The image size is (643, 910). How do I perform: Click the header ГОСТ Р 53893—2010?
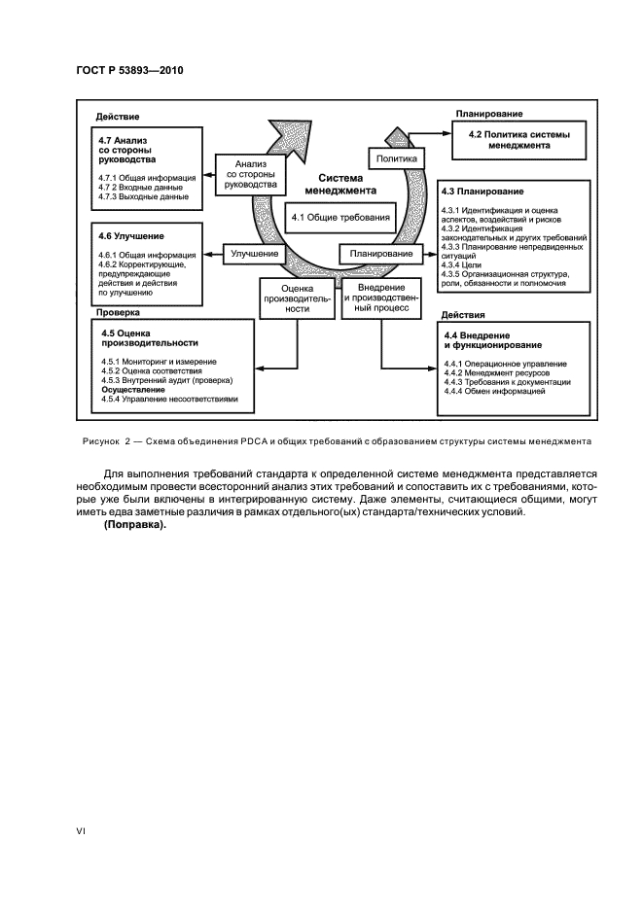coord(129,70)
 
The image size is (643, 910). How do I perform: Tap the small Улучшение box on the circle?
coord(256,254)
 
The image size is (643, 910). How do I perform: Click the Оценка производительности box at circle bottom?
coord(296,297)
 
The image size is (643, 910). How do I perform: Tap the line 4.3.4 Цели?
coord(461,264)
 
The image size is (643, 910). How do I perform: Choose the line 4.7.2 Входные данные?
coord(140,188)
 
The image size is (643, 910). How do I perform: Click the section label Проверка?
coord(119,313)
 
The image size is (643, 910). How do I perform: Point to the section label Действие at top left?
coord(119,116)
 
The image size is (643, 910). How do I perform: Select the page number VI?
coord(83,832)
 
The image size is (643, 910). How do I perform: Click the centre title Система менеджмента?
coord(334,185)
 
